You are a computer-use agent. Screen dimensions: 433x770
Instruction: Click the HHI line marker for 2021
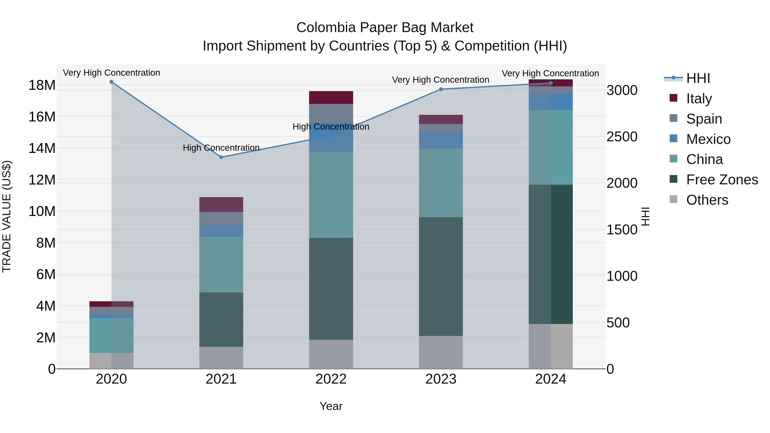(x=221, y=157)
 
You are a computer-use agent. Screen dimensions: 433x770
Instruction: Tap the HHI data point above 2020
(x=111, y=82)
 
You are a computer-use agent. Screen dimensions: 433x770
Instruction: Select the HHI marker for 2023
(x=441, y=89)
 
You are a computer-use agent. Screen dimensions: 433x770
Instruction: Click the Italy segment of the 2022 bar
(x=331, y=98)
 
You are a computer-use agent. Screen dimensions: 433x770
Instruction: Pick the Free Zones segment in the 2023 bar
(x=441, y=276)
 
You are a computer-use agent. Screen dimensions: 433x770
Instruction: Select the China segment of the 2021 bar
(x=221, y=265)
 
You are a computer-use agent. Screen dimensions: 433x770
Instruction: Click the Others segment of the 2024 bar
(x=551, y=346)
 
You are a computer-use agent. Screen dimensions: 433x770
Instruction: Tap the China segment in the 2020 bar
(x=111, y=335)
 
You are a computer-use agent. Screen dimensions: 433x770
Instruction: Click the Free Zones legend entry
(x=722, y=180)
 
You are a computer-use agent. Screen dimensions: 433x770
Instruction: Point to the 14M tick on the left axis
(x=42, y=148)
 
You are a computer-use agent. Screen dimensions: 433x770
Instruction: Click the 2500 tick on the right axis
(x=622, y=137)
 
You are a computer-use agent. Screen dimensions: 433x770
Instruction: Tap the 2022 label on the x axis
(x=331, y=379)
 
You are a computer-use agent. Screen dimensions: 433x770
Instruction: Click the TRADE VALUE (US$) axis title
(x=7, y=216)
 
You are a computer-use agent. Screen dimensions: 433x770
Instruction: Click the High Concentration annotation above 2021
(x=221, y=148)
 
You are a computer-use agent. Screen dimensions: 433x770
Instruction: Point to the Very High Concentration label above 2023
(x=441, y=80)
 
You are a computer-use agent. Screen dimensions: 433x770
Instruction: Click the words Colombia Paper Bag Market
(x=385, y=28)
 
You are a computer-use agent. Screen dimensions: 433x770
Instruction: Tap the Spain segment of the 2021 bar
(x=221, y=219)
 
